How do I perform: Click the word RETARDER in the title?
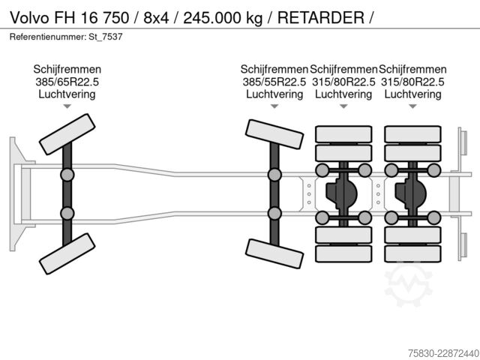tap(321, 18)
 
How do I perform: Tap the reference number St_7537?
tap(106, 37)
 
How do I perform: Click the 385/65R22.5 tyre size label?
tap(67, 82)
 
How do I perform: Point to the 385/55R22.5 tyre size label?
tap(274, 82)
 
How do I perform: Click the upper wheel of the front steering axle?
tap(67, 134)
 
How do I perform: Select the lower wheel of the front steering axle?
tap(67, 253)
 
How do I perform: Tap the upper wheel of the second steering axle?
tap(274, 134)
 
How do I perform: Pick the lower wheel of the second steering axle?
tap(274, 253)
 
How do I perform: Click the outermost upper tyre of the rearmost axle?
tap(412, 134)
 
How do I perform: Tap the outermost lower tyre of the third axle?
tap(343, 253)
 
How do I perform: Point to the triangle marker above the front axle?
tap(67, 106)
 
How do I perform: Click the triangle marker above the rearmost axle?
tap(412, 106)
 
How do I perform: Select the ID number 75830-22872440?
tap(443, 353)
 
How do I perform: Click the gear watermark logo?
tap(408, 284)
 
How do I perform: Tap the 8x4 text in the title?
tap(156, 18)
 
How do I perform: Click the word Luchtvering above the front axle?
tap(67, 94)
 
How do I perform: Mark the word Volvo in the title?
tap(29, 18)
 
